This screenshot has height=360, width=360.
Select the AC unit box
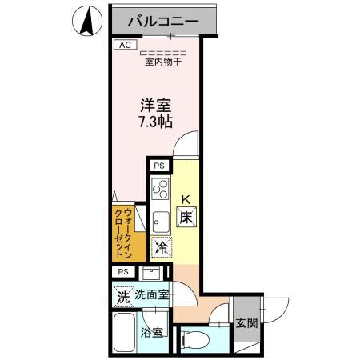point(124,46)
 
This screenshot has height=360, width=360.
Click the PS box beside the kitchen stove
point(159,166)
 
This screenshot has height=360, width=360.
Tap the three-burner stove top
point(159,191)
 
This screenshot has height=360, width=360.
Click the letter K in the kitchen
point(185,199)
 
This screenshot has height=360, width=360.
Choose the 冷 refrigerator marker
point(162,248)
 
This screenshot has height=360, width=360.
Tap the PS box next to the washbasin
point(123,272)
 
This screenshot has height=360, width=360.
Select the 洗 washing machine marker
point(122,294)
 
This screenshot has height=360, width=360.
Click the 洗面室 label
point(151,294)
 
